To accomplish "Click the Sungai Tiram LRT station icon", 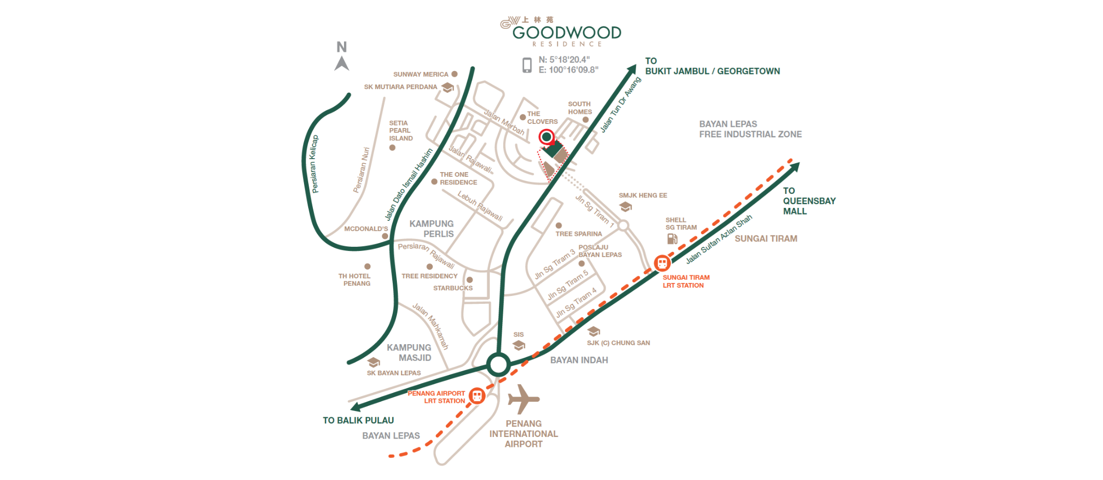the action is click(x=662, y=263).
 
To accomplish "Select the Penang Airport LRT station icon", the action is click(x=477, y=396).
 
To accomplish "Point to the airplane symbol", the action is click(x=523, y=399).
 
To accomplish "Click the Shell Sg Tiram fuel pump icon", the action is click(x=672, y=238).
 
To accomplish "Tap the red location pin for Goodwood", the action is click(x=546, y=138).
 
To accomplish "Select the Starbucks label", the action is click(x=453, y=288).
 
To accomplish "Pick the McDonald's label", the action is click(x=366, y=229).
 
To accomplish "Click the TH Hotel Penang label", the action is click(x=355, y=280).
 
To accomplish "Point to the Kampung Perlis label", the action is click(x=432, y=229).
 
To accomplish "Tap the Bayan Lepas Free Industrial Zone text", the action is click(x=750, y=129).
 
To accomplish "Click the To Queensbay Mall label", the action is click(x=809, y=201).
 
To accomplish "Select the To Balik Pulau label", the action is click(x=359, y=420).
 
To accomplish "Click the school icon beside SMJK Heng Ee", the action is click(x=626, y=207).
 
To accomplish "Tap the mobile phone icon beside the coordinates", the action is click(x=527, y=65).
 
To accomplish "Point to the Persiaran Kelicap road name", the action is click(x=314, y=164).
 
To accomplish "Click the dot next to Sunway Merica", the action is click(x=454, y=74).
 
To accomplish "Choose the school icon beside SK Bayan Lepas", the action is click(x=374, y=362).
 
